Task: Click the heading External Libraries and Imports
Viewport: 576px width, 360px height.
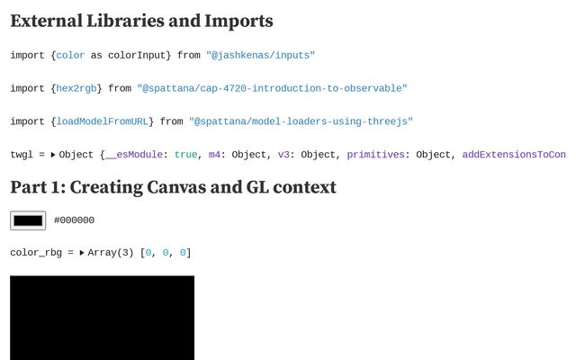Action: click(141, 21)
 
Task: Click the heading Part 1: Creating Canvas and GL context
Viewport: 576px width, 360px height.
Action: click(173, 187)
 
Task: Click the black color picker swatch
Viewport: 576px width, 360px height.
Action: click(28, 220)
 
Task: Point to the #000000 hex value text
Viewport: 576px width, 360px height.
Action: click(74, 220)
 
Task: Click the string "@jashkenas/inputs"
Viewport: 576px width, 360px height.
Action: click(260, 56)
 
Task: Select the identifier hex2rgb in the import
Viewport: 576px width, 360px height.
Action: click(79, 88)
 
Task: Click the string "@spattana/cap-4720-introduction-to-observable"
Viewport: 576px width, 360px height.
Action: click(272, 88)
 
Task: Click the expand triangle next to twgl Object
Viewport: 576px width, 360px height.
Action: click(53, 155)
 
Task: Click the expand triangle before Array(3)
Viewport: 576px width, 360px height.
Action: click(82, 253)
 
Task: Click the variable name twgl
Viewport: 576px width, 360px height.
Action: click(22, 155)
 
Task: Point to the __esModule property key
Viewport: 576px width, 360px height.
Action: click(133, 155)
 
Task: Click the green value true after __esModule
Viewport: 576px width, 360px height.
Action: click(185, 155)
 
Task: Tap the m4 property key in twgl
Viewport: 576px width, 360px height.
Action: click(214, 155)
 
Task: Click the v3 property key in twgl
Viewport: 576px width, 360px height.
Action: click(283, 155)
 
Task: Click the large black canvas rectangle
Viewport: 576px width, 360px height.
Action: click(102, 317)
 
